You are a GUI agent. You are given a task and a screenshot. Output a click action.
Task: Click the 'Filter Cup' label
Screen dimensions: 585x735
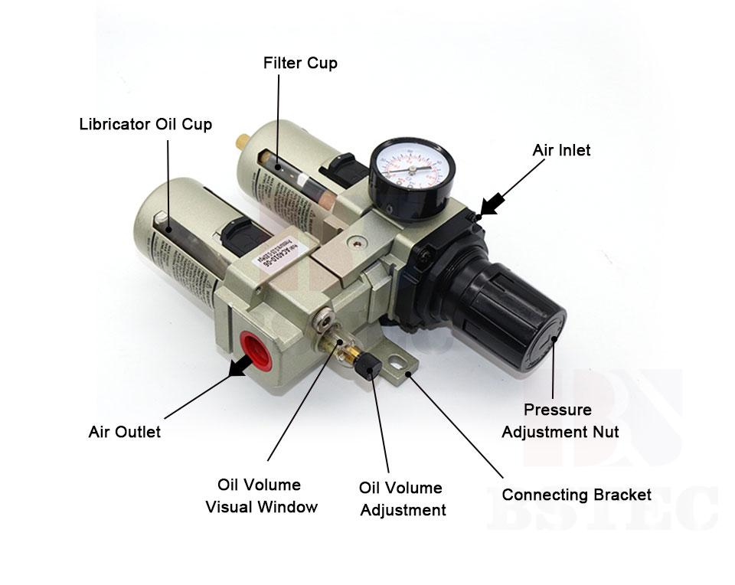[x=300, y=63]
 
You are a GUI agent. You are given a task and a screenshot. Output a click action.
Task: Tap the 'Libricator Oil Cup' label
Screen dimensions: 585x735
[x=145, y=124]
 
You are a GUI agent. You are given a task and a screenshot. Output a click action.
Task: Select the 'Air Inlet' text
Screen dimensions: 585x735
[x=561, y=150]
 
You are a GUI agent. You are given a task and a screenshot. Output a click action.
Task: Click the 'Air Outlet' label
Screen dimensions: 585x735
[x=125, y=432]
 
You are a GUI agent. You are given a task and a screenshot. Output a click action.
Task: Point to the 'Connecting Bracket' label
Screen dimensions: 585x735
[x=577, y=495]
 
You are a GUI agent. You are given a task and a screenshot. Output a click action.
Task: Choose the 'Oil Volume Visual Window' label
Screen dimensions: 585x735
[x=260, y=495]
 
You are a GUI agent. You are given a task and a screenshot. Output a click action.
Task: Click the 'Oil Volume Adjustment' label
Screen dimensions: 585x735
[x=401, y=498]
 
